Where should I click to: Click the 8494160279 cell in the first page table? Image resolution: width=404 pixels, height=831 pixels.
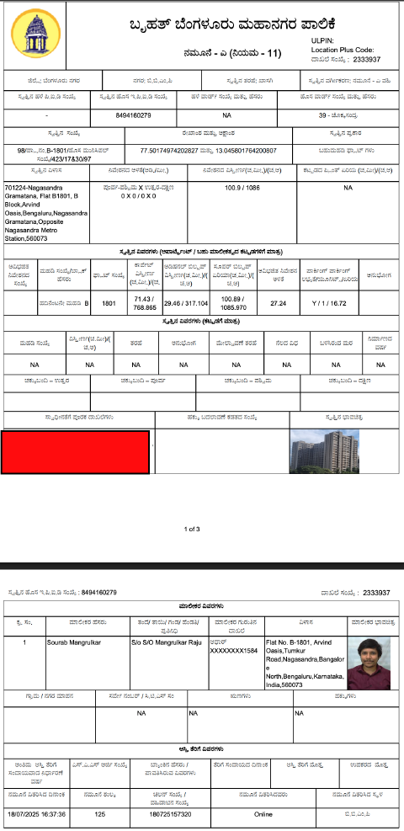(x=133, y=115)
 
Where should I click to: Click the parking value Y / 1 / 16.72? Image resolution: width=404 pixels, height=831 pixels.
(x=327, y=301)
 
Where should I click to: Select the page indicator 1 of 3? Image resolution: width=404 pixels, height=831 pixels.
(x=192, y=529)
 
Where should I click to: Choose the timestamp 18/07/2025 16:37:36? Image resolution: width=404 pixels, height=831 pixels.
(x=36, y=815)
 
